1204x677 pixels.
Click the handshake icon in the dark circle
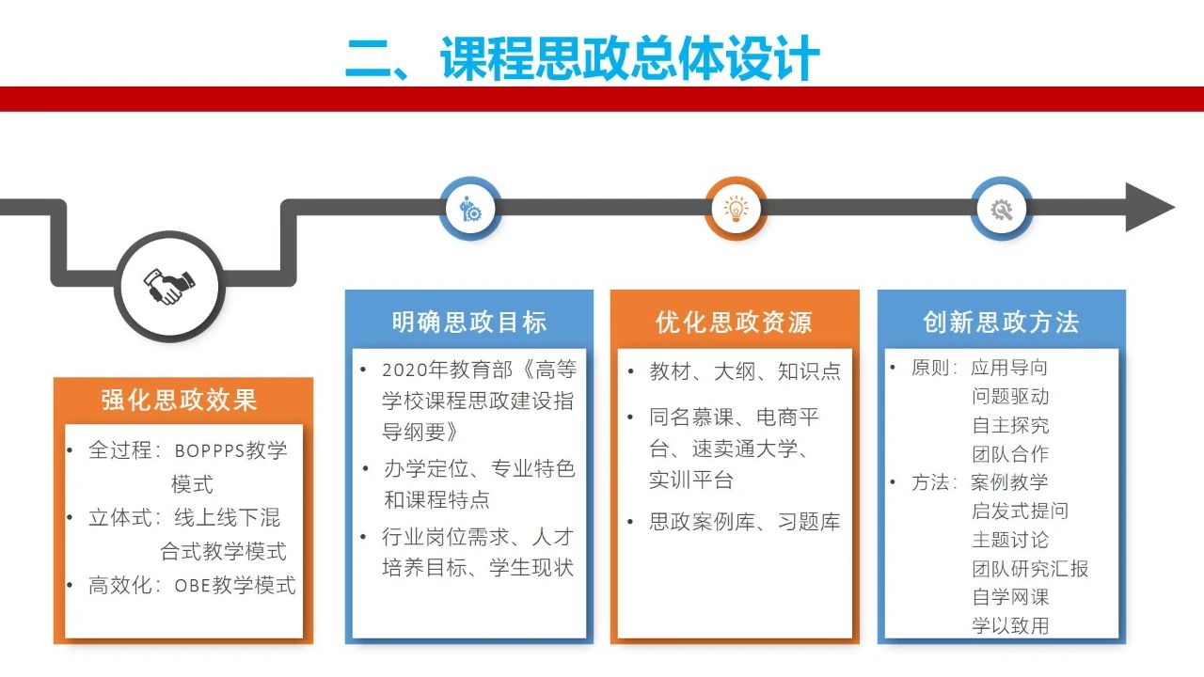coord(168,287)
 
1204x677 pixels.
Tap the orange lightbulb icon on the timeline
coord(736,209)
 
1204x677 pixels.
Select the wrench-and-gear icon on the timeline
coord(1002,210)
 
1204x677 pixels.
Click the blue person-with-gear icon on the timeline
coord(470,209)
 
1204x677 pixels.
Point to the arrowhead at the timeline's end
coord(1149,207)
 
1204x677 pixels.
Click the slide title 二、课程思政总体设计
coord(582,57)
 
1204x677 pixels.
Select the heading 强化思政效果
coord(179,400)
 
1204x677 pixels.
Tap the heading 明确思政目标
coord(468,322)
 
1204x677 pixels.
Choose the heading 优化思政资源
coord(734,322)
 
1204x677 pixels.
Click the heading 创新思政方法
coord(1001,322)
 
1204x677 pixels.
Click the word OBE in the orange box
coord(192,585)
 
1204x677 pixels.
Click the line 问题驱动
coord(1010,397)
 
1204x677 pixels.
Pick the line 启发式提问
coord(1020,511)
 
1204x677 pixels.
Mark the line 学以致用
coord(1010,625)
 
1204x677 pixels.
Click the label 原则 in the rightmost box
coord(930,368)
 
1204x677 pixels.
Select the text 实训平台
coord(691,480)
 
